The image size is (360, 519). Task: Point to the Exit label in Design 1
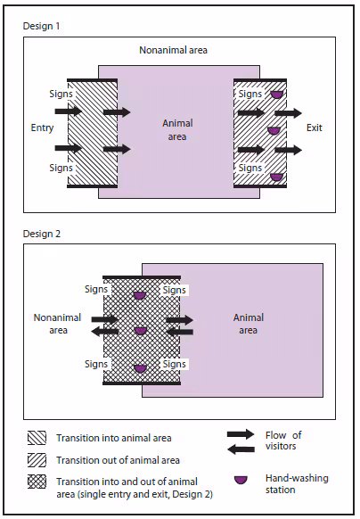315,128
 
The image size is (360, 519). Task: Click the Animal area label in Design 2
248,324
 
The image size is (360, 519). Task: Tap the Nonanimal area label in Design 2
57,323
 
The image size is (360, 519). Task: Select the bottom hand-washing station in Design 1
277,177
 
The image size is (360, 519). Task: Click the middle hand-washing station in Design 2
139,331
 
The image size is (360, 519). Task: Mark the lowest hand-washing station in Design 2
139,367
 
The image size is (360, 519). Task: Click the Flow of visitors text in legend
284,441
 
